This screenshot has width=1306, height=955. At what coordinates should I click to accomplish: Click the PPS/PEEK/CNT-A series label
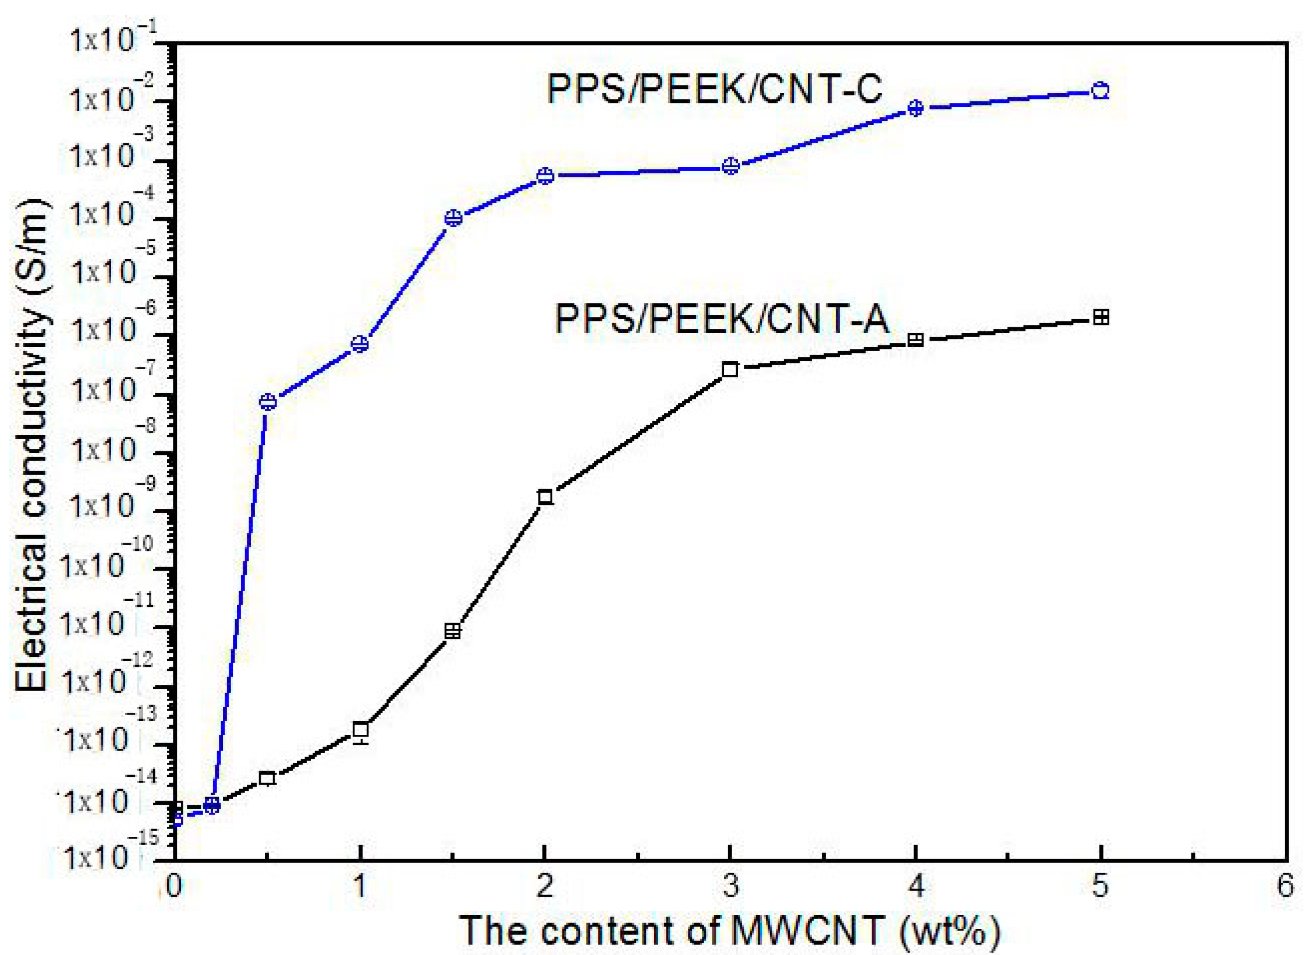tap(722, 319)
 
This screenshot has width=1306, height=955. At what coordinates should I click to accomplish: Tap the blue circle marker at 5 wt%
tap(1100, 91)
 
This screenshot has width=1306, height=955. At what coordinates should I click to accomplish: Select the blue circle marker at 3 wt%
tap(730, 166)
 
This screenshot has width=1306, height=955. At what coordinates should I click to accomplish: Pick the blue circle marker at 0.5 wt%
tap(268, 401)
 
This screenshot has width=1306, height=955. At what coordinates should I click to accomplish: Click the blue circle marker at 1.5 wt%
tap(453, 218)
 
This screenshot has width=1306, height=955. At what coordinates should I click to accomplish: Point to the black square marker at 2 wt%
tap(545, 497)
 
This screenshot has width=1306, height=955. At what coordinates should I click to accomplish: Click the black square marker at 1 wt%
tap(360, 730)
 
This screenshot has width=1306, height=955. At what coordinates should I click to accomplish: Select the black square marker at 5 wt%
tap(1101, 317)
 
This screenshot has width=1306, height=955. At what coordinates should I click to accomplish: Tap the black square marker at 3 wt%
tap(730, 369)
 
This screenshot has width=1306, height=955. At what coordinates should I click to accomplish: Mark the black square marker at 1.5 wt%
tap(452, 631)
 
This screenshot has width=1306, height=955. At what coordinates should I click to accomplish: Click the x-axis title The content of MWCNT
tap(730, 930)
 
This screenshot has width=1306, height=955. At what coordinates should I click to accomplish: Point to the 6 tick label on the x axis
tap(1284, 886)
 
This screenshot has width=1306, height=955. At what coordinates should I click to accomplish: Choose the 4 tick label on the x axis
tap(915, 886)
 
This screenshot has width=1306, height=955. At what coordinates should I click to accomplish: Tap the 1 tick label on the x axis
tap(360, 886)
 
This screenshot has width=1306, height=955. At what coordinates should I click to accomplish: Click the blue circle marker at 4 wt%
tap(915, 108)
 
